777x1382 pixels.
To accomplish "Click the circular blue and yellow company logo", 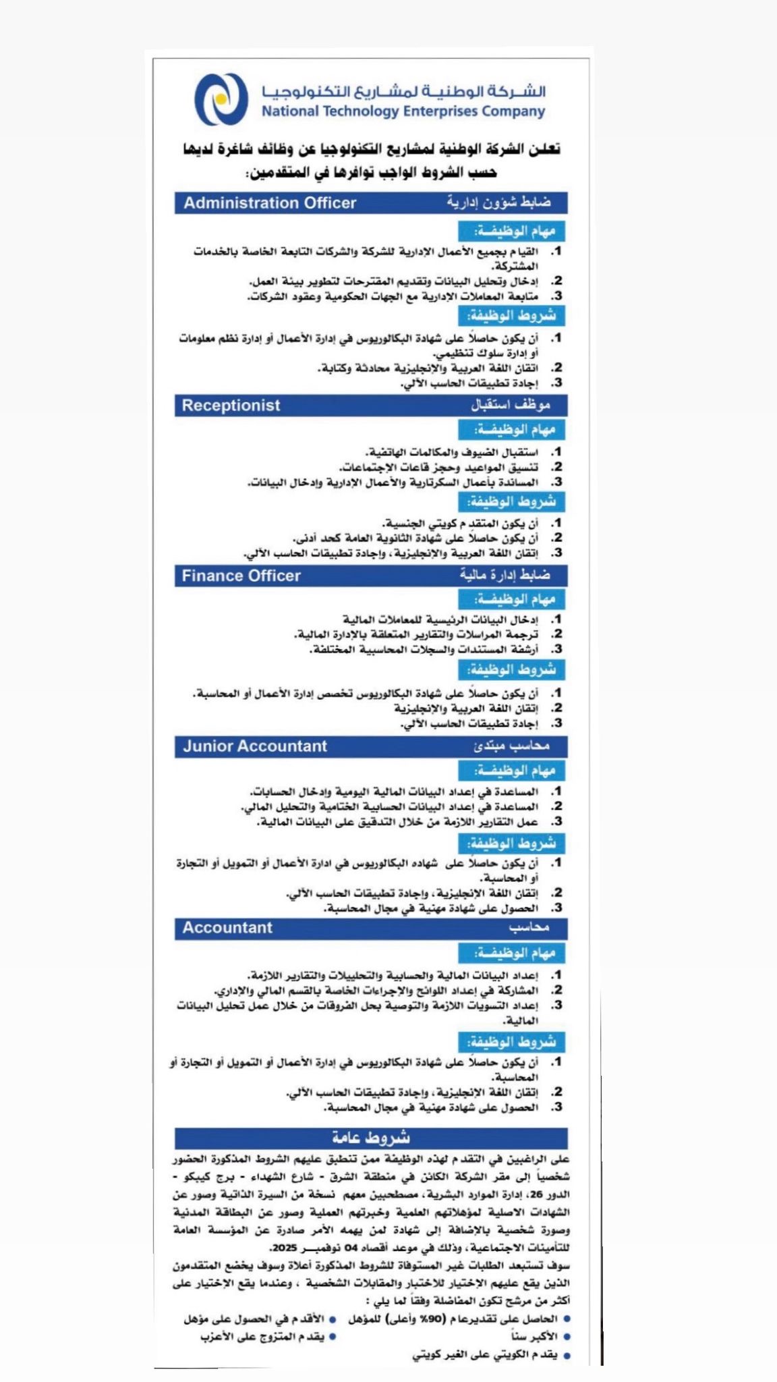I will (221, 100).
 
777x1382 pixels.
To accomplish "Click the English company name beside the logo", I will (403, 111).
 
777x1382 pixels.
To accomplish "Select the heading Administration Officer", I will (270, 203).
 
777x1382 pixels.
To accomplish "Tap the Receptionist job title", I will (231, 406).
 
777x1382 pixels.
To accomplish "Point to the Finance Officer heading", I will (241, 576).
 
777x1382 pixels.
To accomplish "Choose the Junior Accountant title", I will (254, 746).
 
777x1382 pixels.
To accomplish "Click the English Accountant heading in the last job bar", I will (227, 928).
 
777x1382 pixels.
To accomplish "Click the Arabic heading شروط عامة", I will (371, 1138).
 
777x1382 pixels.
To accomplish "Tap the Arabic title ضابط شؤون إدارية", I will (498, 202).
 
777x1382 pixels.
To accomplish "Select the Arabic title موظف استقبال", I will (511, 405).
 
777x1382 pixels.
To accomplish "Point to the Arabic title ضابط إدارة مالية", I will (505, 575).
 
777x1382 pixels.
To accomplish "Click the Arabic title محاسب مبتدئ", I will (511, 746).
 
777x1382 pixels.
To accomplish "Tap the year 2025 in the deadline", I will (284, 1247).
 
